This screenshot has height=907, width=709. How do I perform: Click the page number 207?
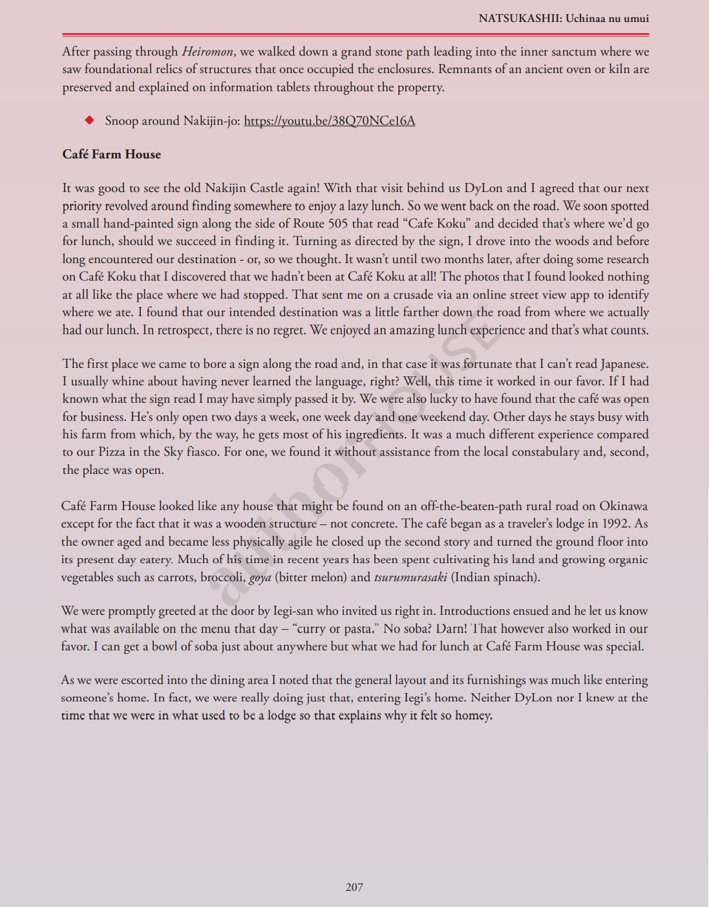[x=354, y=887]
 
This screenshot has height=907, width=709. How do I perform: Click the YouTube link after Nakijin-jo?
[x=329, y=121]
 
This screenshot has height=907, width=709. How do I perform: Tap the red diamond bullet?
[x=90, y=120]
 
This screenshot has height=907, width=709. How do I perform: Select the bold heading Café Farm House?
[x=111, y=155]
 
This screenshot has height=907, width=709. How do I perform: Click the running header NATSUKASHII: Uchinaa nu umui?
[x=564, y=18]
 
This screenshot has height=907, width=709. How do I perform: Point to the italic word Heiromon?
[x=207, y=52]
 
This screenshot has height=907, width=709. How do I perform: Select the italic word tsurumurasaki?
[x=410, y=577]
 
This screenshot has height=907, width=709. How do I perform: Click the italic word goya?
[x=260, y=577]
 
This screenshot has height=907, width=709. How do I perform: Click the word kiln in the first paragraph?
[x=619, y=69]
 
